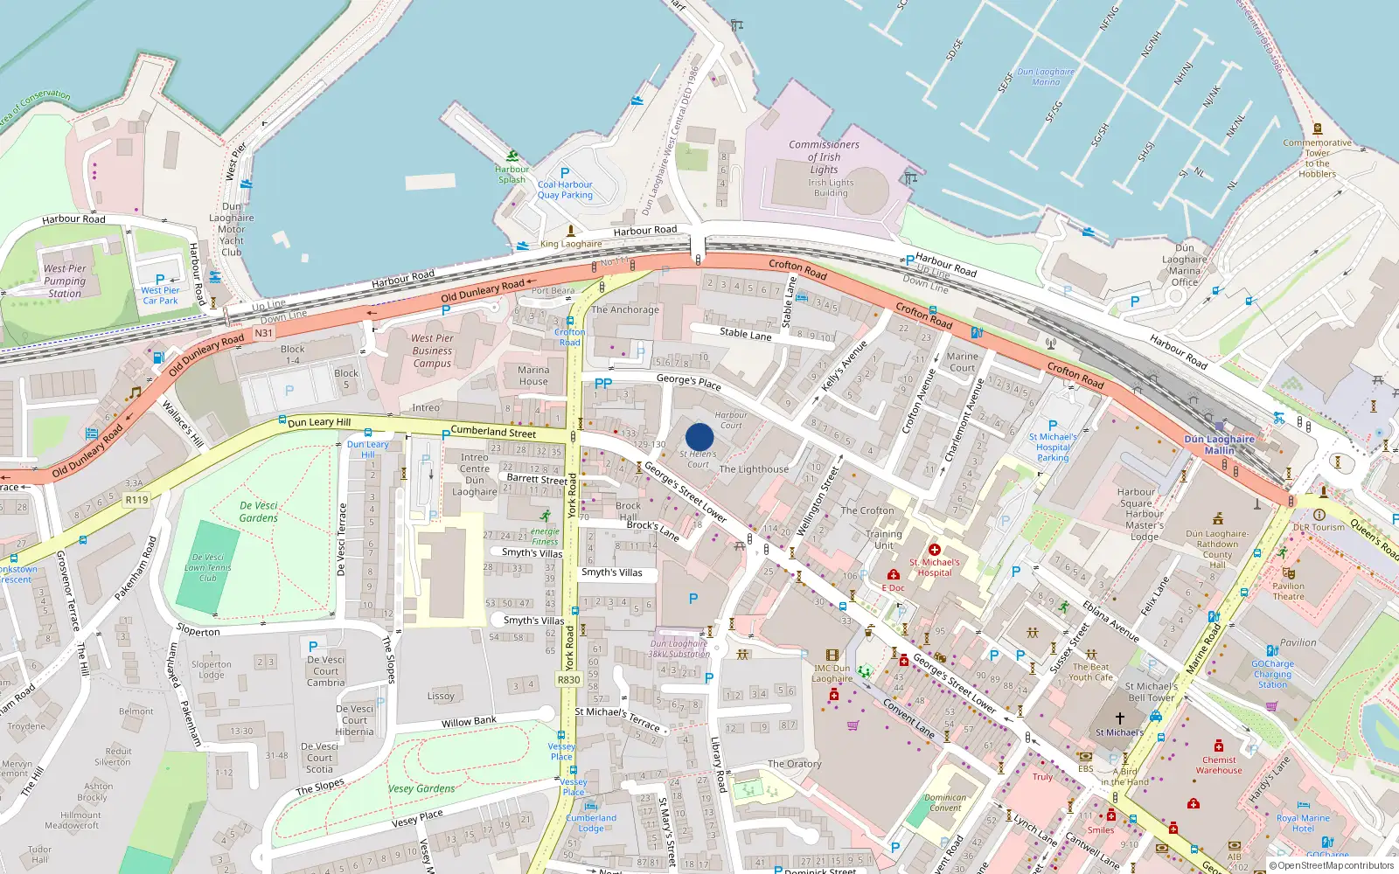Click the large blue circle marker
[x=699, y=437]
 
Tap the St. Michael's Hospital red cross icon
[x=934, y=550]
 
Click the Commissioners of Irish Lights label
[x=824, y=157]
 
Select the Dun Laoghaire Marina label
[x=1046, y=77]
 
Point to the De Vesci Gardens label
[x=259, y=511]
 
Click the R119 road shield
[x=136, y=500]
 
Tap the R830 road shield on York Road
[x=568, y=679]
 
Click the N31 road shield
[x=263, y=333]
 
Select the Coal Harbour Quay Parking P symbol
[x=565, y=173]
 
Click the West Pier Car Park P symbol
[x=160, y=280]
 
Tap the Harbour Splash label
[x=512, y=175]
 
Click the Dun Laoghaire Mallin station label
[x=1219, y=445]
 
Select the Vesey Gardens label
[x=421, y=788]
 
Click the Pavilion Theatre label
[x=1288, y=592]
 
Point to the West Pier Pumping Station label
[x=65, y=281]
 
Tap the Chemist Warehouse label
[x=1219, y=765]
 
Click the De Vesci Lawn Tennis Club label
[x=207, y=567]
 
